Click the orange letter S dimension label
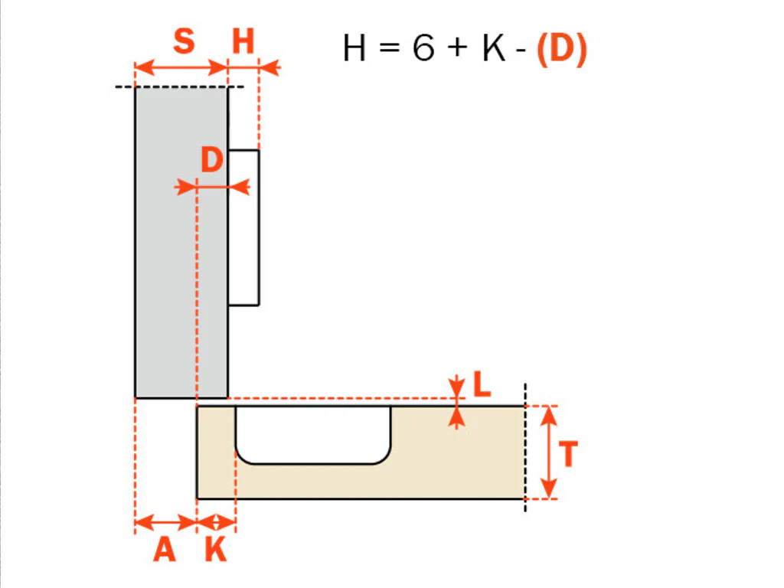[x=184, y=41]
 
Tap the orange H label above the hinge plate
[x=243, y=41]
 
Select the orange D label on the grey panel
[x=211, y=160]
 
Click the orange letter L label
[x=482, y=384]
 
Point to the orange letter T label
[x=568, y=453]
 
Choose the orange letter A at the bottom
[x=165, y=550]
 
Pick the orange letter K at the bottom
[x=216, y=550]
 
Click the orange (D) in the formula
[x=561, y=49]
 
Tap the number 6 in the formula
[x=423, y=48]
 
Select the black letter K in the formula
[x=494, y=48]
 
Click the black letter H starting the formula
[x=354, y=48]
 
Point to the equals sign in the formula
[x=390, y=48]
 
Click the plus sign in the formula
[x=458, y=48]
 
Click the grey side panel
[x=181, y=243]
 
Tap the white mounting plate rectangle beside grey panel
[x=243, y=227]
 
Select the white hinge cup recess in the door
[x=313, y=435]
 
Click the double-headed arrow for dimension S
[x=181, y=67]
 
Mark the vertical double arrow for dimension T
[x=549, y=452]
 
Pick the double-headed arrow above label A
[x=166, y=523]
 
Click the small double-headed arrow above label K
[x=216, y=523]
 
